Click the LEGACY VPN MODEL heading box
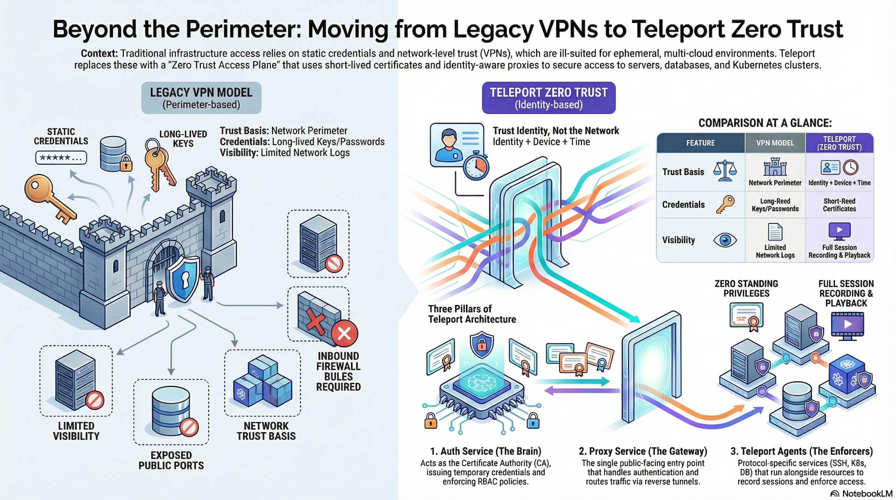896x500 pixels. pyautogui.click(x=201, y=98)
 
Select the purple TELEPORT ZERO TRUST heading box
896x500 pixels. pyautogui.click(x=549, y=98)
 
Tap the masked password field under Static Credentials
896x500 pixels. pyautogui.click(x=61, y=157)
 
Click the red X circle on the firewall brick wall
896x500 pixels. pyautogui.click(x=344, y=334)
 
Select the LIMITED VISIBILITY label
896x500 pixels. pyautogui.click(x=76, y=431)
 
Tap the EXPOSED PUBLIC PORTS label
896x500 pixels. pyautogui.click(x=171, y=460)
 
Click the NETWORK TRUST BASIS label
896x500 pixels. pyautogui.click(x=266, y=431)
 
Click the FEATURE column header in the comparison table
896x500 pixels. pyautogui.click(x=700, y=143)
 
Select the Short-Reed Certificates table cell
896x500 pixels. pyautogui.click(x=839, y=205)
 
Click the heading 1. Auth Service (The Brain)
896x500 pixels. pyautogui.click(x=486, y=451)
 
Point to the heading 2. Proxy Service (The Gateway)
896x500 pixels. pyautogui.click(x=643, y=451)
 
